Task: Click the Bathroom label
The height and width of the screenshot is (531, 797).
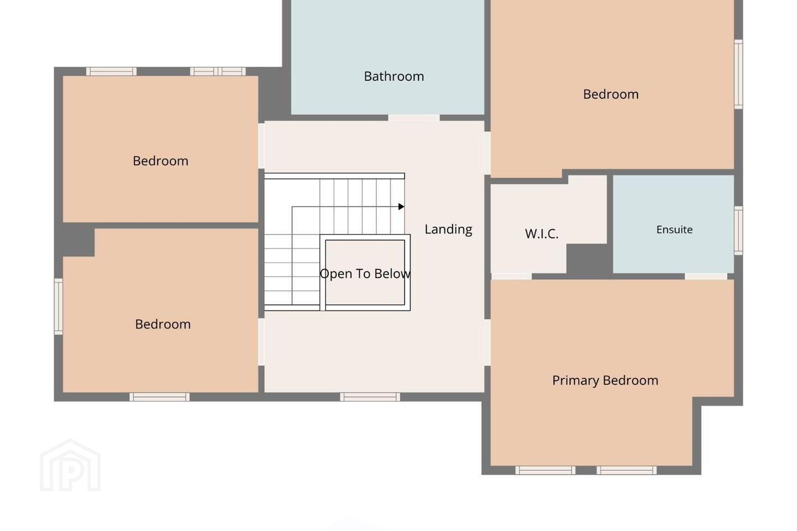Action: click(394, 76)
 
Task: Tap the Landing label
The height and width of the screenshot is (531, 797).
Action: click(448, 230)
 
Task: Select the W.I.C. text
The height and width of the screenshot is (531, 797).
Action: click(541, 233)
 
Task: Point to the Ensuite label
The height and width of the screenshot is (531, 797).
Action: click(674, 230)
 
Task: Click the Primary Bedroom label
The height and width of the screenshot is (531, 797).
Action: click(605, 381)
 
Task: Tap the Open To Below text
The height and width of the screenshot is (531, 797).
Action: click(365, 274)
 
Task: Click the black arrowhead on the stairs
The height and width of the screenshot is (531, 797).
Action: click(401, 207)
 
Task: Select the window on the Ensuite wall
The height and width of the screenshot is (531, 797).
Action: click(738, 231)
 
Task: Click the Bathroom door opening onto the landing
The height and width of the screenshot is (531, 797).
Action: click(414, 118)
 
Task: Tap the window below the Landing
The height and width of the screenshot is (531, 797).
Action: click(370, 397)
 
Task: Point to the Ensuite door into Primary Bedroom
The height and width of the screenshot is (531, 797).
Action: click(706, 277)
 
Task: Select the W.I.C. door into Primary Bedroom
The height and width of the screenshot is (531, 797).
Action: click(511, 277)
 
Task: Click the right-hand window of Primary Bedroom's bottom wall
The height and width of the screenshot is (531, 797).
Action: click(627, 470)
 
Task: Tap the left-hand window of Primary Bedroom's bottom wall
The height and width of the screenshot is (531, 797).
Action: click(546, 470)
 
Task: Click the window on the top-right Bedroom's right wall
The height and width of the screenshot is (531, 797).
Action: click(738, 74)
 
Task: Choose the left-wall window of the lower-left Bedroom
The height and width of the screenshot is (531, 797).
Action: click(58, 306)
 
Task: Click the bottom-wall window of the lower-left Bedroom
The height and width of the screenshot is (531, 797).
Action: click(159, 397)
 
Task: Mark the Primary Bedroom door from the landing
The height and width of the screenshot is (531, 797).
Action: click(488, 342)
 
